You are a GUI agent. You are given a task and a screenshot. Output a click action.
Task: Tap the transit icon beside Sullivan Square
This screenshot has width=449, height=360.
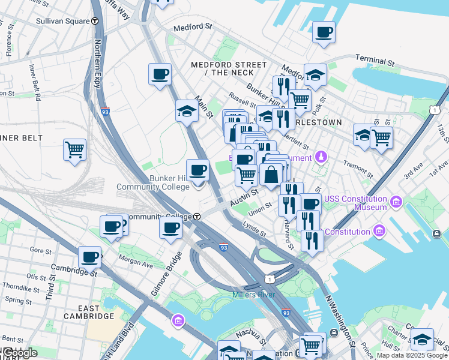95,20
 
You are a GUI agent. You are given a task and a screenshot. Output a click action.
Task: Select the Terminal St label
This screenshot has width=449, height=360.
374,60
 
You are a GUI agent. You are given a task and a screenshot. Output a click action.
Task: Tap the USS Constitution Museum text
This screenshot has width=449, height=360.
355,203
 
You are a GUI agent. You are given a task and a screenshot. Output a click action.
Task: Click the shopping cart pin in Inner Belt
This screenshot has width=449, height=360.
74,149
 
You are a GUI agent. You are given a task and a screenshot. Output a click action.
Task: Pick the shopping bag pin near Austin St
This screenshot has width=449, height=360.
271,175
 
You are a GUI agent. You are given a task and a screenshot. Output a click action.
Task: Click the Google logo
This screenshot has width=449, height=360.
19,353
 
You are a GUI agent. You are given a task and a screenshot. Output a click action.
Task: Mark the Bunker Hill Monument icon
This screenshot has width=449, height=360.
322,157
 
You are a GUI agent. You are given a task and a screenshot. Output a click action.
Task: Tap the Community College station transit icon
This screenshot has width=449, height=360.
196,217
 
